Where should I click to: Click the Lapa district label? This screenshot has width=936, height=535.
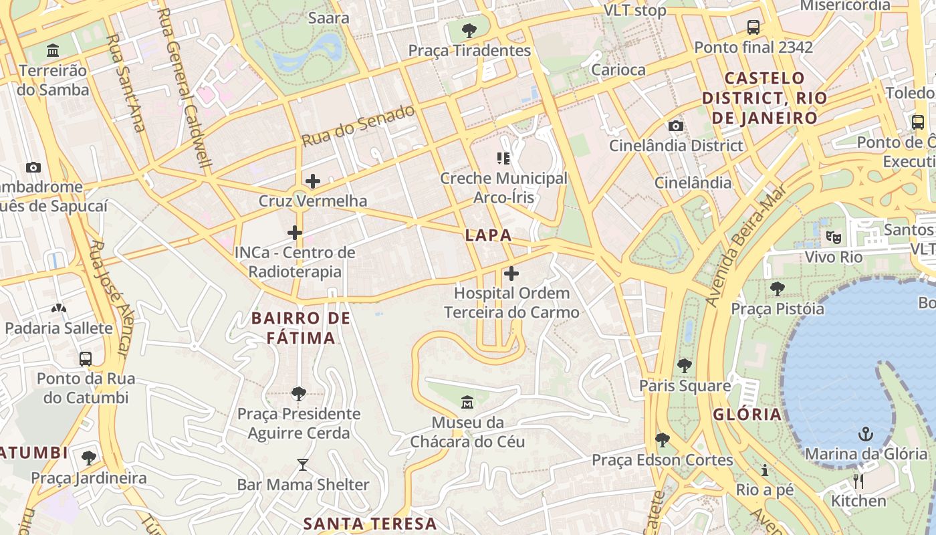pyautogui.click(x=488, y=235)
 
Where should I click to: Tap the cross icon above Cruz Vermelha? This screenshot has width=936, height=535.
pyautogui.click(x=313, y=181)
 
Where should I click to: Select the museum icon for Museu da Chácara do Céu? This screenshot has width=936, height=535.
pyautogui.click(x=467, y=403)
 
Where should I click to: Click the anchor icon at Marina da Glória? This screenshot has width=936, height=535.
pyautogui.click(x=866, y=434)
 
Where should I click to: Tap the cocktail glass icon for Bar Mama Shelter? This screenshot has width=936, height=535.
pyautogui.click(x=303, y=464)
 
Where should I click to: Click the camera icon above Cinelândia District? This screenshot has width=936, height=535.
pyautogui.click(x=676, y=126)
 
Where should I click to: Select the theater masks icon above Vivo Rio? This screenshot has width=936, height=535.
pyautogui.click(x=833, y=237)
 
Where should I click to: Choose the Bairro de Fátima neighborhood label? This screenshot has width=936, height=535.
pyautogui.click(x=301, y=328)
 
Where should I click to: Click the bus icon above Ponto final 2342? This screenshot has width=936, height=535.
pyautogui.click(x=753, y=27)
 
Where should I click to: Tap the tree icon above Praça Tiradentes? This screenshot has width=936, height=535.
pyautogui.click(x=469, y=30)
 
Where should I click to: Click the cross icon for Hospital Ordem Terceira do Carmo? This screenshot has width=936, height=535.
pyautogui.click(x=511, y=274)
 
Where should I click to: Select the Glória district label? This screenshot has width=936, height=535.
pyautogui.click(x=747, y=414)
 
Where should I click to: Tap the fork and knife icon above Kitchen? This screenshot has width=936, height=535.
pyautogui.click(x=858, y=481)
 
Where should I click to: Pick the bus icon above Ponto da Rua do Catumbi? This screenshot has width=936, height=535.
pyautogui.click(x=86, y=358)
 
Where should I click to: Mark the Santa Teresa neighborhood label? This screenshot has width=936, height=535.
pyautogui.click(x=370, y=523)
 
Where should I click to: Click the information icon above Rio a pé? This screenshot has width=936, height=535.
pyautogui.click(x=765, y=470)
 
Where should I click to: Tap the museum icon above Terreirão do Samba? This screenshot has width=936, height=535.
pyautogui.click(x=53, y=50)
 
